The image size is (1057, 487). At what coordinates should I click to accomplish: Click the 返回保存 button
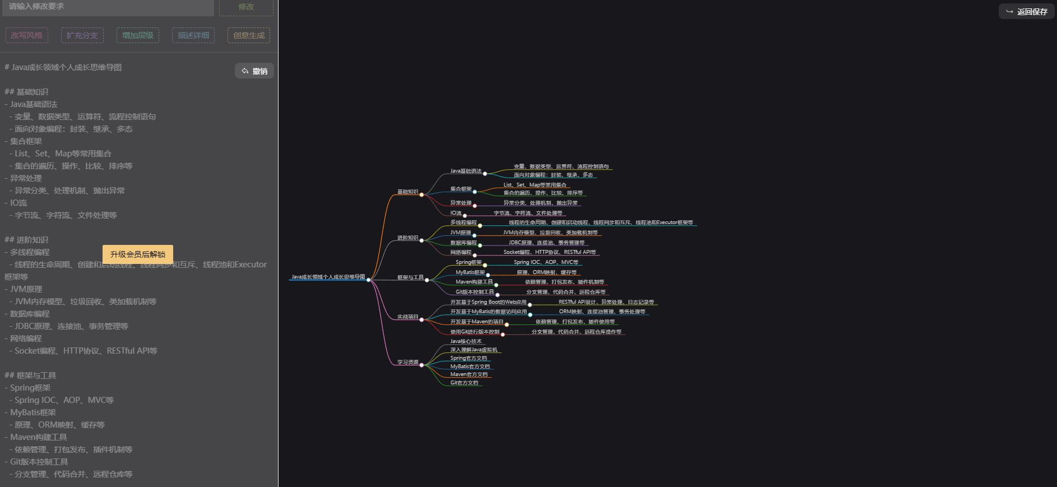(x=1027, y=12)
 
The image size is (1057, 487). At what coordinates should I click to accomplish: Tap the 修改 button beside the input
(x=246, y=7)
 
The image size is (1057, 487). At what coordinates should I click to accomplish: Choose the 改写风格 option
(x=27, y=35)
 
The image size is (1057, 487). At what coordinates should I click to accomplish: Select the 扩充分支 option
(x=82, y=35)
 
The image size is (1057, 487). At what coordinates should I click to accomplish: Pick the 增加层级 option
(x=138, y=35)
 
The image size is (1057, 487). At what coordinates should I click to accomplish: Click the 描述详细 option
(x=193, y=35)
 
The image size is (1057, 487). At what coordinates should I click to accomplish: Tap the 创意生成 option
(x=249, y=35)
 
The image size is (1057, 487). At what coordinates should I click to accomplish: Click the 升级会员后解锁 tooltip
(x=138, y=254)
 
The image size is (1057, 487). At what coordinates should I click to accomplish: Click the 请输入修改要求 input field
(x=106, y=7)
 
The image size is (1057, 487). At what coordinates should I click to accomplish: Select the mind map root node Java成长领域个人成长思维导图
(x=328, y=277)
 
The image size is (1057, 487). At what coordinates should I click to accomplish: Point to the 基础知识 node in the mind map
(x=407, y=192)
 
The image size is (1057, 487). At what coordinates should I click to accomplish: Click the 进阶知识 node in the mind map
(x=407, y=238)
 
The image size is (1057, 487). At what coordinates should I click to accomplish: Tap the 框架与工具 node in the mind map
(x=410, y=277)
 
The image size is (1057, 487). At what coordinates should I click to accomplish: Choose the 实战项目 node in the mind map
(x=407, y=317)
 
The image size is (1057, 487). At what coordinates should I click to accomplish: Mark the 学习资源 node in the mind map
(x=407, y=362)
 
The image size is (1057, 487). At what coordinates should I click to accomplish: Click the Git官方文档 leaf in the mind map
(x=464, y=383)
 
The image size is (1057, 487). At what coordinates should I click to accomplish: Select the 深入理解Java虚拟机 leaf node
(x=474, y=350)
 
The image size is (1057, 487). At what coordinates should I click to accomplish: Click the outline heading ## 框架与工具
(x=30, y=375)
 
